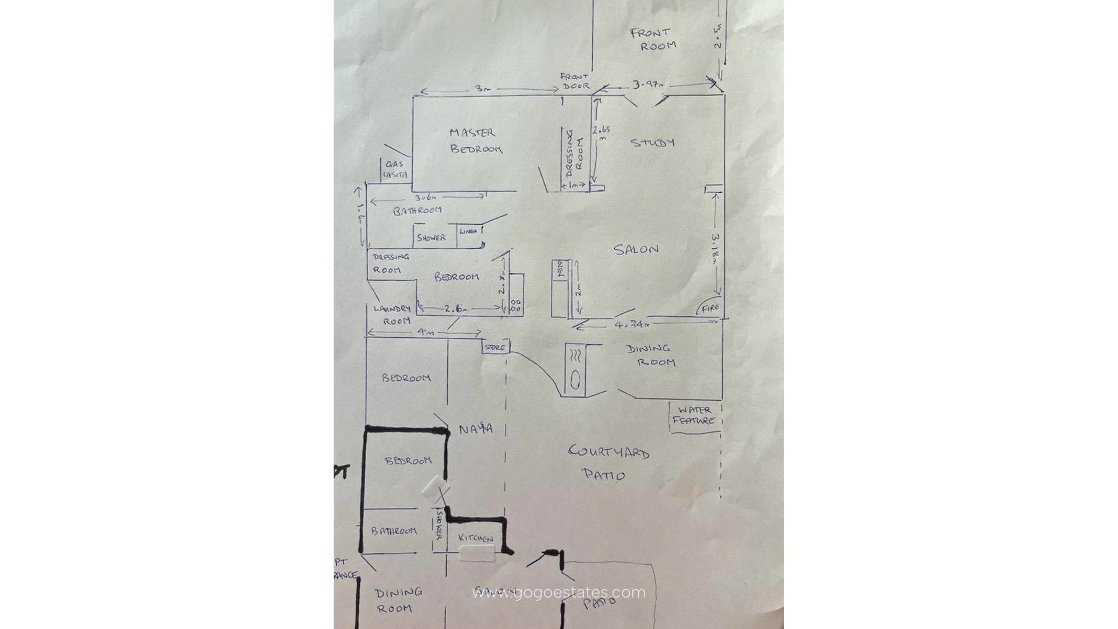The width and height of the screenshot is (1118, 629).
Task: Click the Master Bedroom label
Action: pos(475,141)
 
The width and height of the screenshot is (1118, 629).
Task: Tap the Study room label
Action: pos(653,143)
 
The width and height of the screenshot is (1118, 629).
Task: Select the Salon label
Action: pos(636,249)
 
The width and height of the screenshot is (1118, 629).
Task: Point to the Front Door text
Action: pos(574,81)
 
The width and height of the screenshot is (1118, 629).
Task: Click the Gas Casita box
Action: pos(395,169)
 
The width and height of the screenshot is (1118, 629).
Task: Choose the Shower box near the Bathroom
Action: pos(431,238)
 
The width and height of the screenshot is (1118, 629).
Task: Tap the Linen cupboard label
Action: pos(468,231)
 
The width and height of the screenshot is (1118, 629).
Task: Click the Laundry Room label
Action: pos(392,314)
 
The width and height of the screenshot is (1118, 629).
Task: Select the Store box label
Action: pos(495,348)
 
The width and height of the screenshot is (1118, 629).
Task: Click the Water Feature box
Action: pos(695,415)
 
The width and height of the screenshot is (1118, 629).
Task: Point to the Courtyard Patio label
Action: pos(608,462)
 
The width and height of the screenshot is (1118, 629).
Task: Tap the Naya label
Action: pos(476,429)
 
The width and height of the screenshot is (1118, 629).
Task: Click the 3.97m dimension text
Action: pos(648,85)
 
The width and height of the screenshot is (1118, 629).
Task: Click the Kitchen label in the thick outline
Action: pos(475,538)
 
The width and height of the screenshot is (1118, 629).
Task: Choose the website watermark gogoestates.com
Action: pos(558,593)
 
